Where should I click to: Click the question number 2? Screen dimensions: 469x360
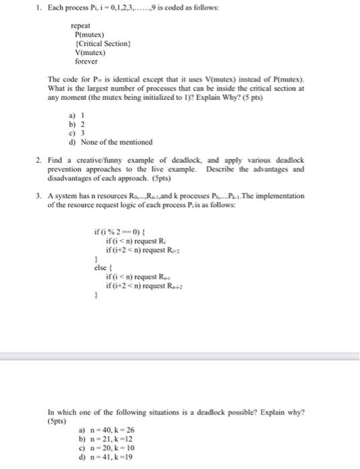[38, 161]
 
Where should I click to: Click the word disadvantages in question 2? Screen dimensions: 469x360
[70, 177]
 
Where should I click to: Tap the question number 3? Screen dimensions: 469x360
[38, 196]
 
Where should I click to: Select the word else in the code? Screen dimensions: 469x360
[101, 267]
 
